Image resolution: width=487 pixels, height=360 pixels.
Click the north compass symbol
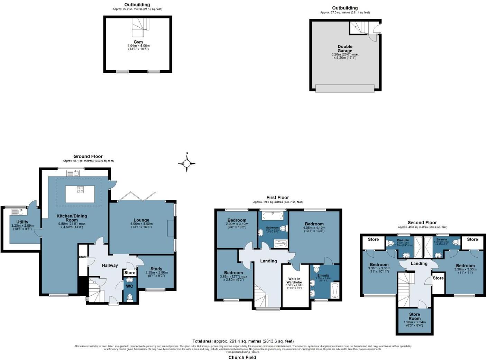coord(187,163)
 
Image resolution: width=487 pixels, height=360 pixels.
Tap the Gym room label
coord(138,42)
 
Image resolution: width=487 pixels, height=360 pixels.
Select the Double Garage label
coord(345,49)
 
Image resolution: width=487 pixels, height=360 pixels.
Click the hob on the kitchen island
coord(80,189)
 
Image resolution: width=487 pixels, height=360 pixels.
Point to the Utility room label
coord(22,222)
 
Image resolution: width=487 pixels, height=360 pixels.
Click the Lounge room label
coord(141,220)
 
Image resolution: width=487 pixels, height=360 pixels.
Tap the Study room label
coord(156,269)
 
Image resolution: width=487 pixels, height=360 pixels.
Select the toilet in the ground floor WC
coord(130,297)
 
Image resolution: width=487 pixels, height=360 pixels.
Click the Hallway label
coord(110,265)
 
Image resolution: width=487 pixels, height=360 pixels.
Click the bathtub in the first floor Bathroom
coord(273,216)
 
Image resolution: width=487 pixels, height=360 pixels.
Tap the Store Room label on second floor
coord(414,316)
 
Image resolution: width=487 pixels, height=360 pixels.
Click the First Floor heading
coord(277,198)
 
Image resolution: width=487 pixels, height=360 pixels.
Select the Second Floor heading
coord(422,223)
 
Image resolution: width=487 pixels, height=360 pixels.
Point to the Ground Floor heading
coord(88,156)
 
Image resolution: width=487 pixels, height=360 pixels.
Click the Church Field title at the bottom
coord(242,358)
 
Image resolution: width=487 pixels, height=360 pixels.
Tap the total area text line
coord(243,341)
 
